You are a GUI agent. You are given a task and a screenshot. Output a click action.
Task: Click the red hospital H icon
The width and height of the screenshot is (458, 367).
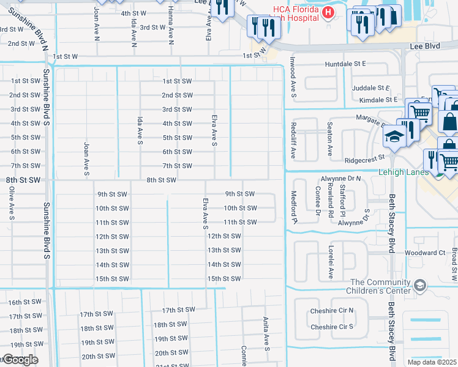coord(329,12)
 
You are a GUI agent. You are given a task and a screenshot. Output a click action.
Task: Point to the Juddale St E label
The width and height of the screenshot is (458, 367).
coord(371,88)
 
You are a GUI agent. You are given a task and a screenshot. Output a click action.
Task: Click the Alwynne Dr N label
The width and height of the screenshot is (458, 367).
coord(341,179)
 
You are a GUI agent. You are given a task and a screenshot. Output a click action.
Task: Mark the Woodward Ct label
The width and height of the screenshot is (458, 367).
coord(424,253)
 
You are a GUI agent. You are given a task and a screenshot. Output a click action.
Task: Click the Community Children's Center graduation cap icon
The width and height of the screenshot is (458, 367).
coord(420,285)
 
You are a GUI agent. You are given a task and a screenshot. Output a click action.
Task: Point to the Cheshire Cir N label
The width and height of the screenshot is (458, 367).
coord(332,311)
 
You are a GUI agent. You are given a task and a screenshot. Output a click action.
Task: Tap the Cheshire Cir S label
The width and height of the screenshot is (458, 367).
coord(332,327)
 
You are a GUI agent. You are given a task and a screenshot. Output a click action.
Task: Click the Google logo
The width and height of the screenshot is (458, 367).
coord(20,359)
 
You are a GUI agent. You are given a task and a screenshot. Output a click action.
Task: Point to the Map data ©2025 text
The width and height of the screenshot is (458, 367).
coord(432,362)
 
